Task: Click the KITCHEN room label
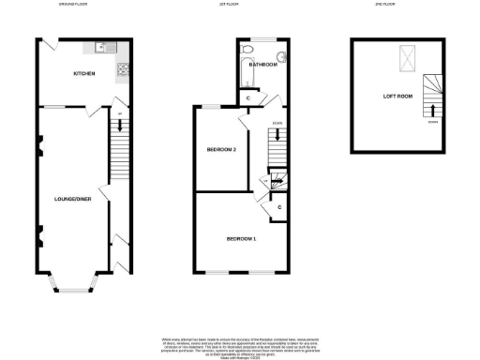coord(85,73)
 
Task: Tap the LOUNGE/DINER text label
coord(71,199)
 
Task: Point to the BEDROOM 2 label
coord(221,150)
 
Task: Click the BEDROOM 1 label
coord(241,240)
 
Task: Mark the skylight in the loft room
coord(410,58)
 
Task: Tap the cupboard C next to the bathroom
coord(247,97)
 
